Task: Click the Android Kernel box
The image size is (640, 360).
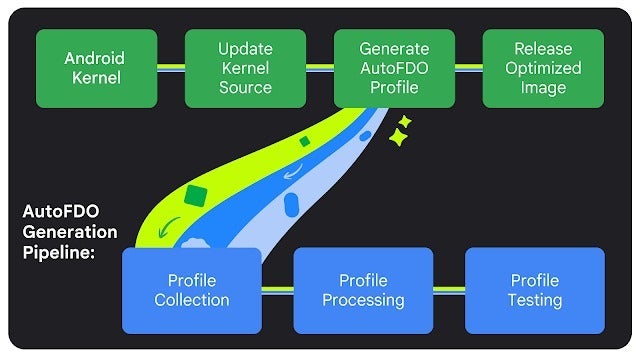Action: click(96, 68)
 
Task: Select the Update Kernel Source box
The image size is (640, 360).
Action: click(245, 68)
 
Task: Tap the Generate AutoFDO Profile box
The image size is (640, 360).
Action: click(393, 68)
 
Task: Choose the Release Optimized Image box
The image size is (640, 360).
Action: click(543, 68)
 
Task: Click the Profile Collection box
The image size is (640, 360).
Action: click(191, 290)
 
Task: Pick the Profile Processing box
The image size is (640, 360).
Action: click(363, 290)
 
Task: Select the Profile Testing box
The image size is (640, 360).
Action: click(535, 290)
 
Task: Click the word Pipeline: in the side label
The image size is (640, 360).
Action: click(59, 252)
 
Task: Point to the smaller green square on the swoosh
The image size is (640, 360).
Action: click(304, 142)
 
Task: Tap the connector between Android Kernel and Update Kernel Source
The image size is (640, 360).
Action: click(171, 68)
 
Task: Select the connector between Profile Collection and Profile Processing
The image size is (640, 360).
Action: click(277, 290)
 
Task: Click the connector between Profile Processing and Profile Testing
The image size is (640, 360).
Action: click(449, 290)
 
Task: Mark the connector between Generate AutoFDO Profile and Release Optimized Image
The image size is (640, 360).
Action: click(468, 68)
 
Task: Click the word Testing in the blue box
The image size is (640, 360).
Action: click(535, 300)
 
